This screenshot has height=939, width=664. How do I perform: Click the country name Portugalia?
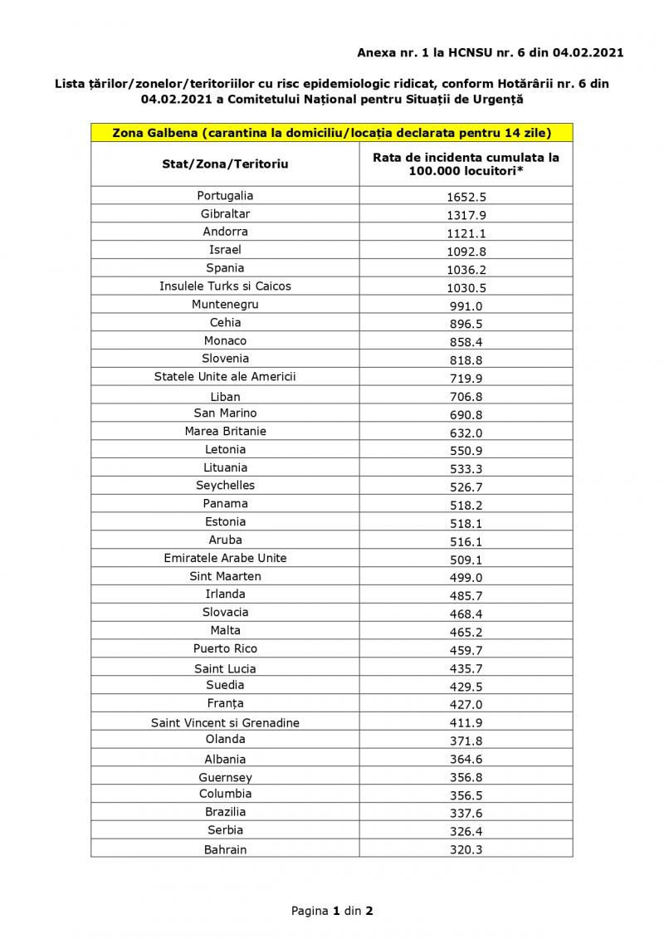(x=225, y=196)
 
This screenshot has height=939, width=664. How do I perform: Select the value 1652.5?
(x=466, y=198)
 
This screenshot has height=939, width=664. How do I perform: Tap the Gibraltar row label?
(x=225, y=214)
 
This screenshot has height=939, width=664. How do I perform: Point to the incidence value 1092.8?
(x=466, y=251)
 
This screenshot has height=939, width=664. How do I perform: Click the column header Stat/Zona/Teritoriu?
(x=225, y=164)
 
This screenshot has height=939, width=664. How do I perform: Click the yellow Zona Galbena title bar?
(x=331, y=133)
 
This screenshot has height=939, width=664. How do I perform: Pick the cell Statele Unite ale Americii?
(x=225, y=377)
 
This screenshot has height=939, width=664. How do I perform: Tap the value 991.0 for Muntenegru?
(x=466, y=306)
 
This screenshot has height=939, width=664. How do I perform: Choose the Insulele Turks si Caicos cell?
(x=225, y=286)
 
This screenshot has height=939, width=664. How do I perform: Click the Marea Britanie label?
(x=225, y=431)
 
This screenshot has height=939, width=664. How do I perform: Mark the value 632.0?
(x=466, y=433)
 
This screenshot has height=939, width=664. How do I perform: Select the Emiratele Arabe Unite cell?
(x=225, y=558)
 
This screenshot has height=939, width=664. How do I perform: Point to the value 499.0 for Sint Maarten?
(x=466, y=578)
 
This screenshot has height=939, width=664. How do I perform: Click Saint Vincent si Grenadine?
(x=225, y=723)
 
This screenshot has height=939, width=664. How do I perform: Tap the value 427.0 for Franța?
(x=466, y=705)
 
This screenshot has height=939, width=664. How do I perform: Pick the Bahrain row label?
(x=225, y=849)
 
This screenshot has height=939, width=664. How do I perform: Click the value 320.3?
(x=466, y=849)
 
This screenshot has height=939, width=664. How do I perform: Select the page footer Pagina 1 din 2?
(x=331, y=911)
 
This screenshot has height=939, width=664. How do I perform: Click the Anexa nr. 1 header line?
(x=490, y=53)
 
